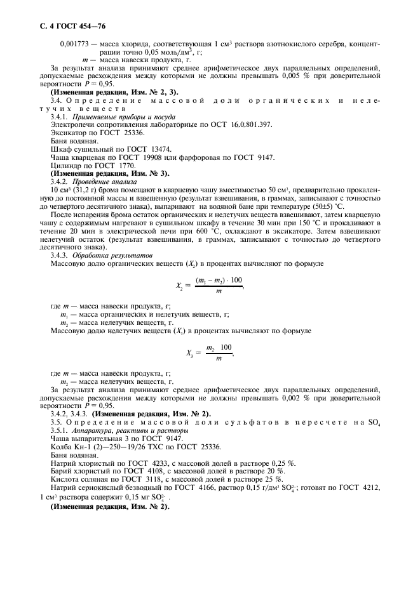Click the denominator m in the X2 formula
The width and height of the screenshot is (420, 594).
tap(219, 291)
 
